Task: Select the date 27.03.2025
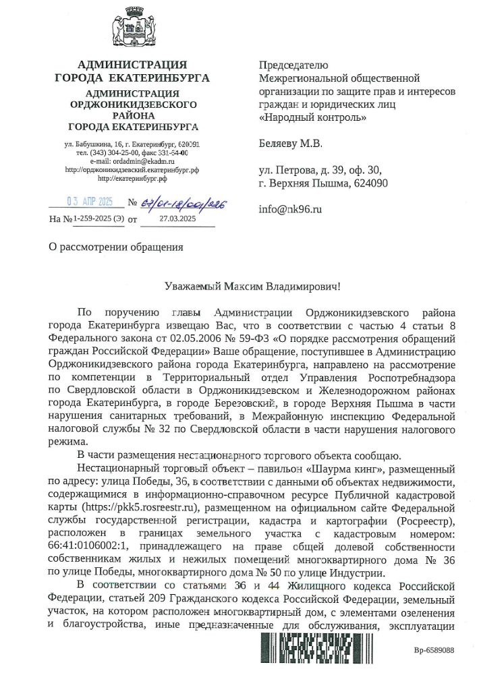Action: pyautogui.click(x=177, y=218)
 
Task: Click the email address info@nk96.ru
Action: pyautogui.click(x=290, y=209)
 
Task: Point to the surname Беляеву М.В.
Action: pyautogui.click(x=291, y=143)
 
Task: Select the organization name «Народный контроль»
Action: pyautogui.click(x=313, y=117)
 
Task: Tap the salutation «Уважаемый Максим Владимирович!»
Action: pyautogui.click(x=253, y=286)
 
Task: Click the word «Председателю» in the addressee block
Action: pyautogui.click(x=293, y=65)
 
